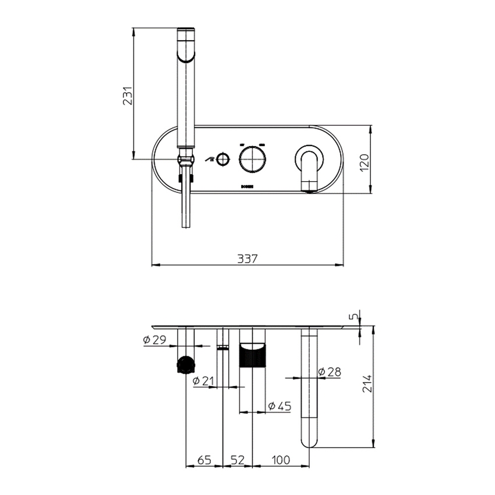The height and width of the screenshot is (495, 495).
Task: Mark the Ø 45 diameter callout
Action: coord(280,405)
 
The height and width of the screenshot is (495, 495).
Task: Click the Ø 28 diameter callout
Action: coord(330,371)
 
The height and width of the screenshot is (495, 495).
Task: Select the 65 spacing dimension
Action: coord(204,459)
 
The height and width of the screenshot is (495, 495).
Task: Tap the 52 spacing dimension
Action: coord(237,459)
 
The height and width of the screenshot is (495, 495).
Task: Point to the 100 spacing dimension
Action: coord(281,459)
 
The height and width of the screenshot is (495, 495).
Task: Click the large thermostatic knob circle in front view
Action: coord(252,158)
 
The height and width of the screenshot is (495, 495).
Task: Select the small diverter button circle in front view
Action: coord(222,158)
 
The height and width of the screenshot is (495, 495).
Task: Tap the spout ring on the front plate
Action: coord(308,159)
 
